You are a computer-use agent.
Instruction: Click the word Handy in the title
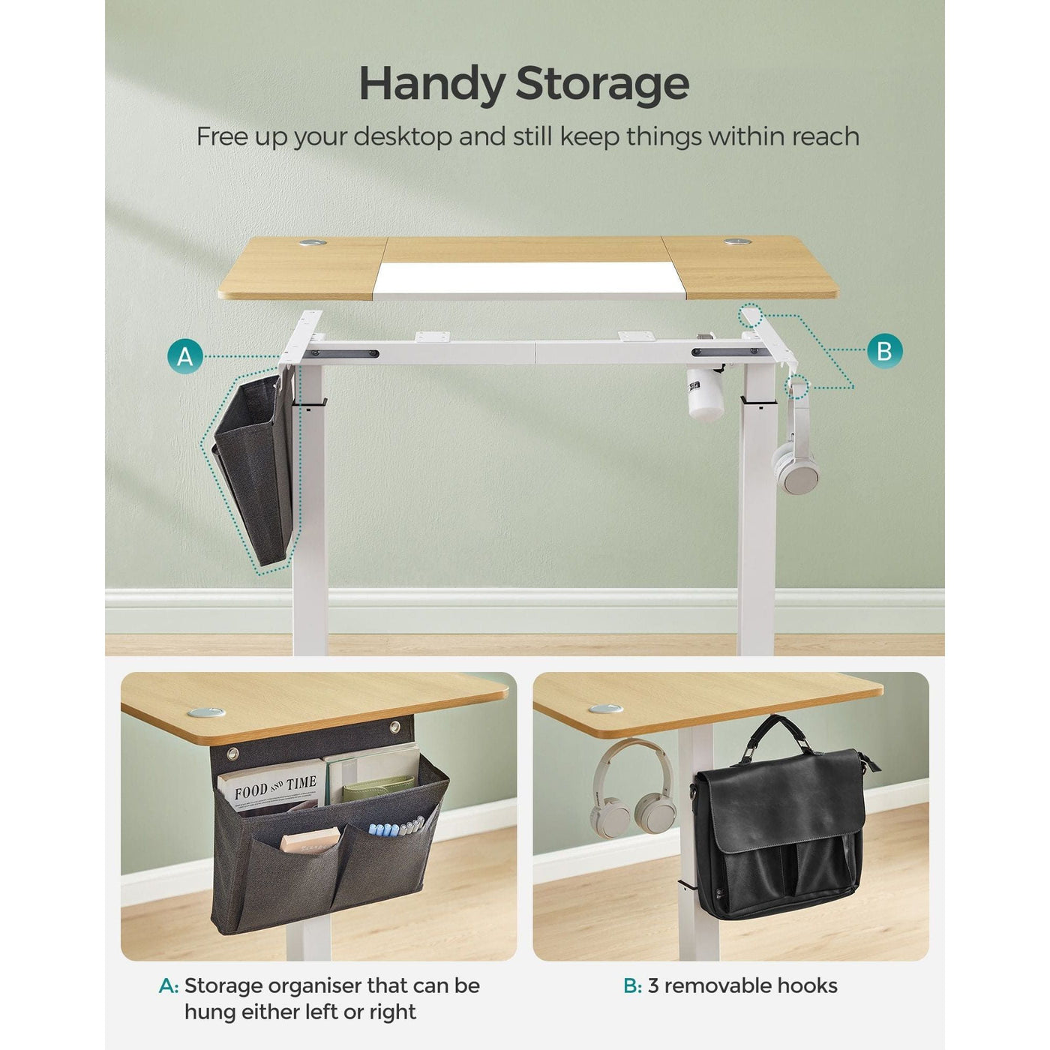(432, 84)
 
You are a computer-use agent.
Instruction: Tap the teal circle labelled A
(185, 355)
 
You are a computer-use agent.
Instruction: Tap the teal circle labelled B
(883, 350)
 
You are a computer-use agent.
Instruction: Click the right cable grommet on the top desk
(736, 242)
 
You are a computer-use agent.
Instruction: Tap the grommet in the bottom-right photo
(605, 709)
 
